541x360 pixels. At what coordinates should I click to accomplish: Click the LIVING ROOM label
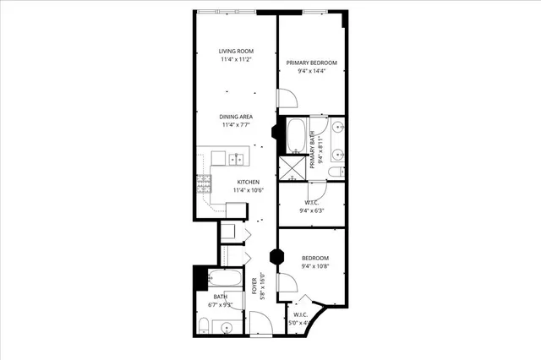(237, 52)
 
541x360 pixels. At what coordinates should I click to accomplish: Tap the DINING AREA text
(237, 117)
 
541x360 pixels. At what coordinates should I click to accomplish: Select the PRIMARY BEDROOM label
(312, 63)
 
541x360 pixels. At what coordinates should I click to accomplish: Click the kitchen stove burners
(204, 183)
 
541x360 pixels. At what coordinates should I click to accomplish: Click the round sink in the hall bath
(226, 326)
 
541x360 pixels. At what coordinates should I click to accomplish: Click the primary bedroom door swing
(287, 100)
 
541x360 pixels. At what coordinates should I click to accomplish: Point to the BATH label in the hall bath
(220, 297)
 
